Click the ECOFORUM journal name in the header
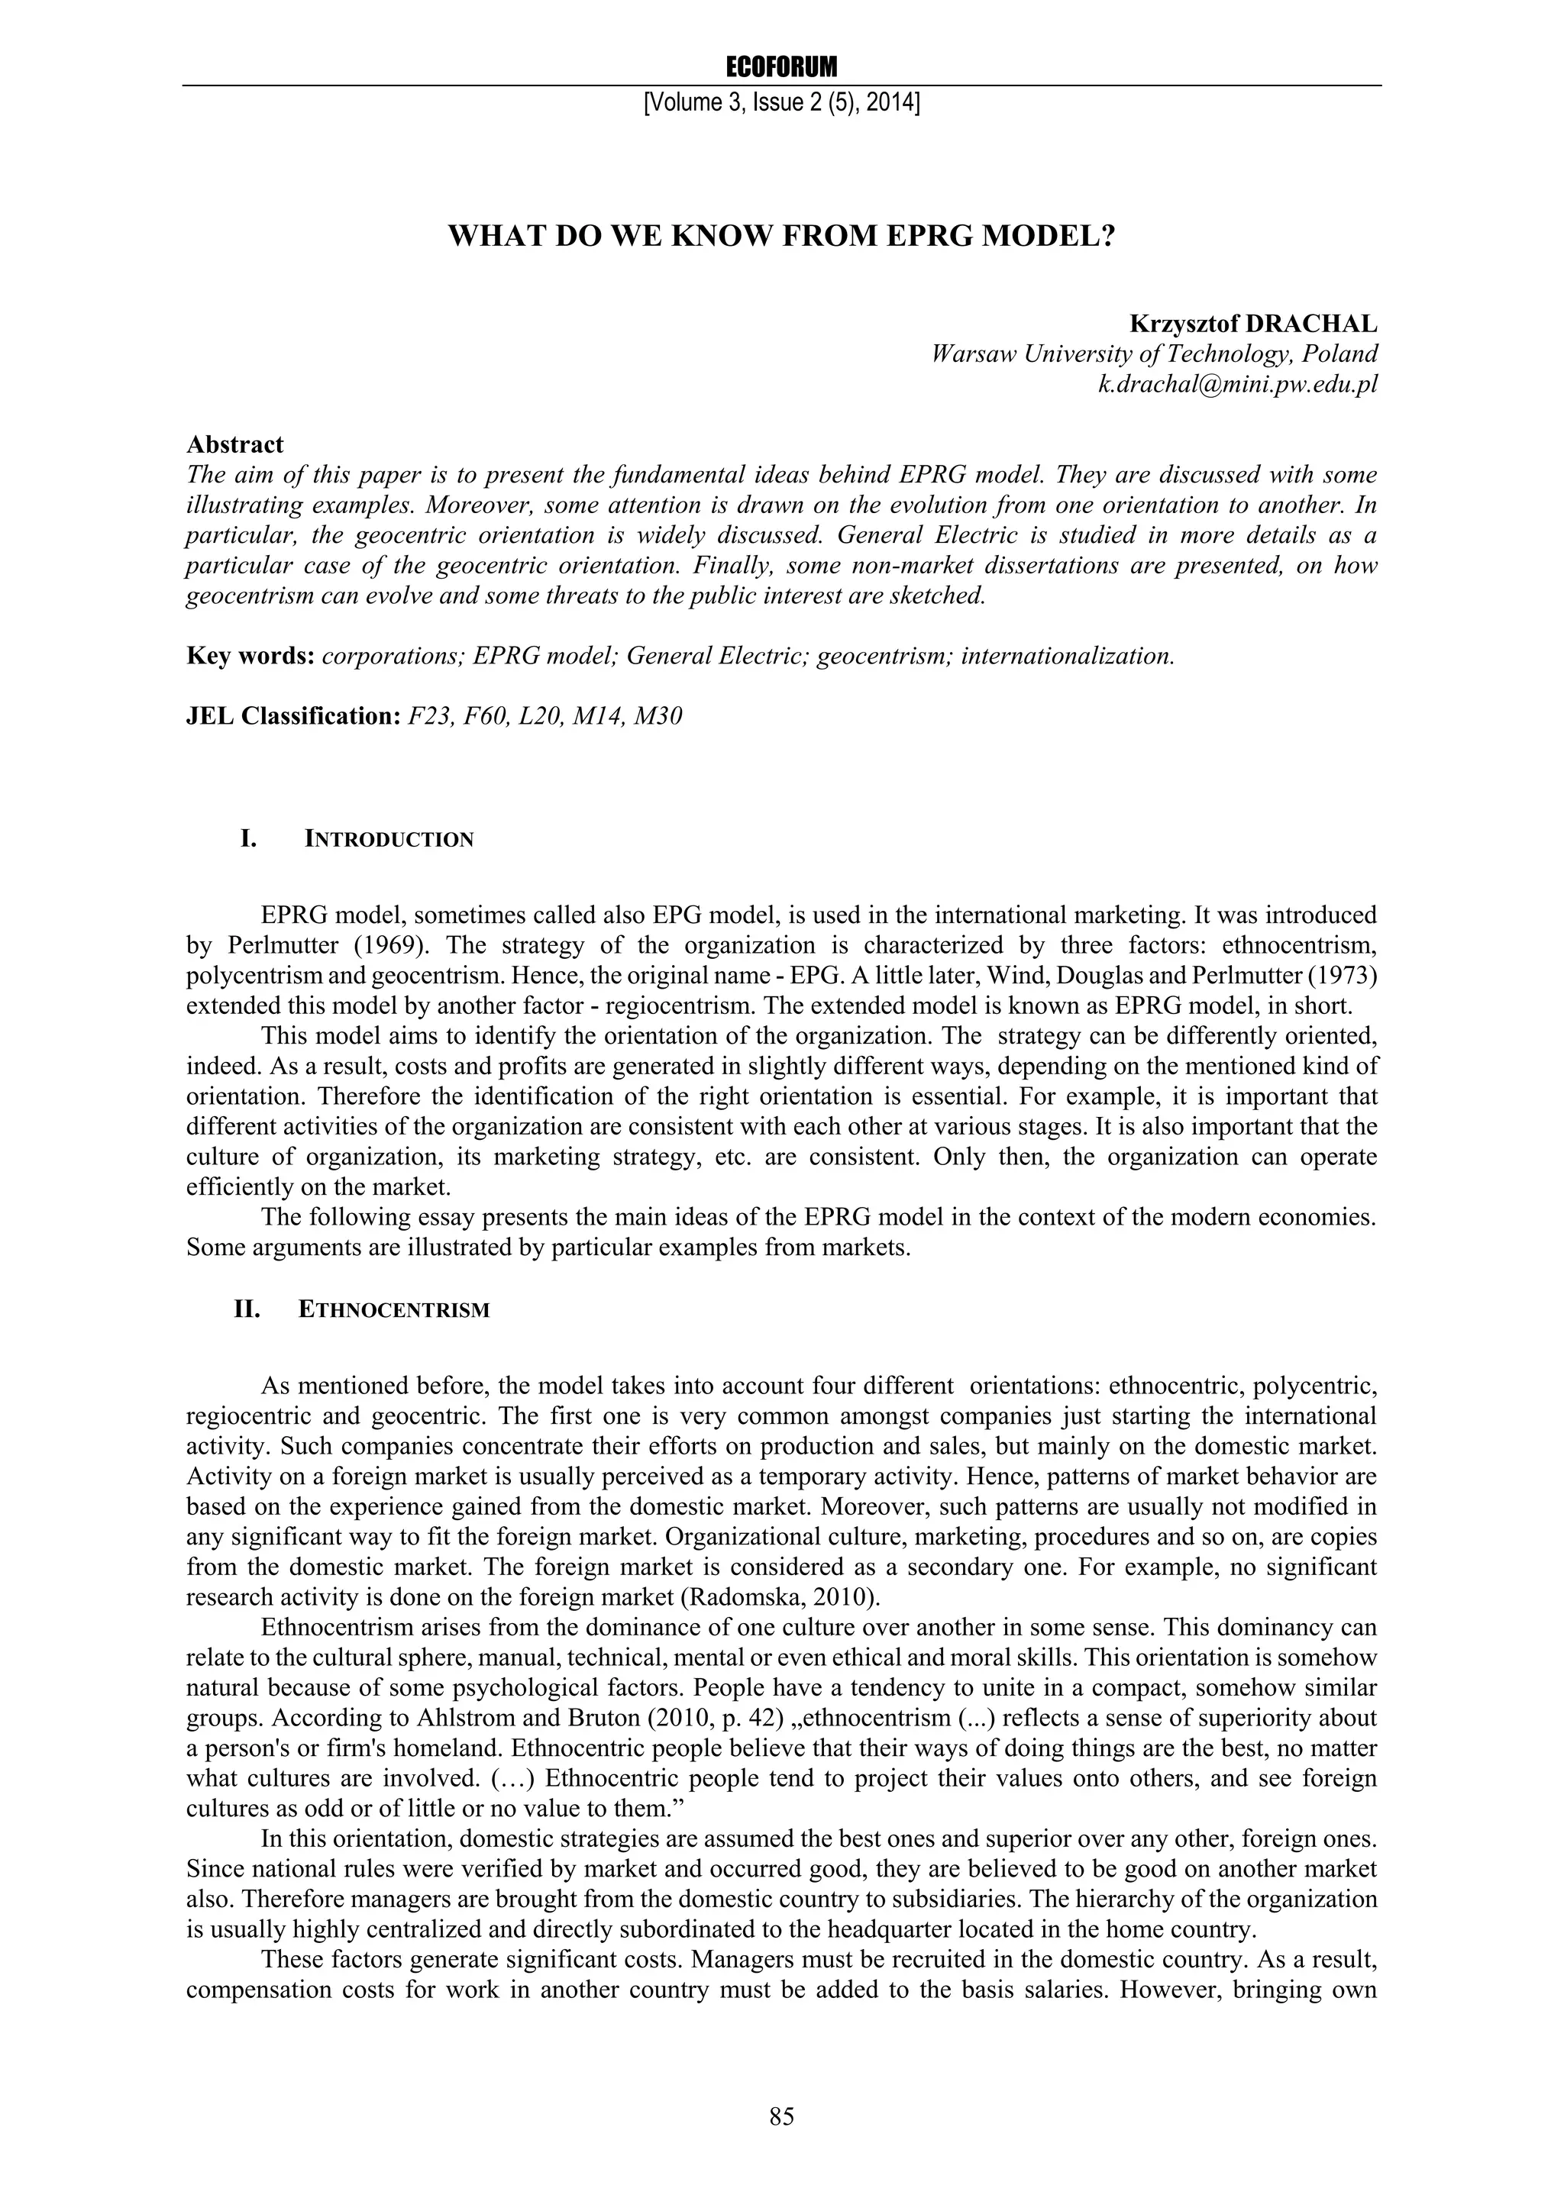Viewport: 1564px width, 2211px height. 781,67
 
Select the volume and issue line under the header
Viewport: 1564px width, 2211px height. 781,102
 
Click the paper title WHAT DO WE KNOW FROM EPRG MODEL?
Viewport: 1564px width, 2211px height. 781,236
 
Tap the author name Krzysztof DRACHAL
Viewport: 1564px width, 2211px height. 1253,324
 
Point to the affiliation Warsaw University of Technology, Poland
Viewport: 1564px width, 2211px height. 1155,353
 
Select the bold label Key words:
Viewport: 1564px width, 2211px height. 250,656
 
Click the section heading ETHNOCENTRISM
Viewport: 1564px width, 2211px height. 394,1309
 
